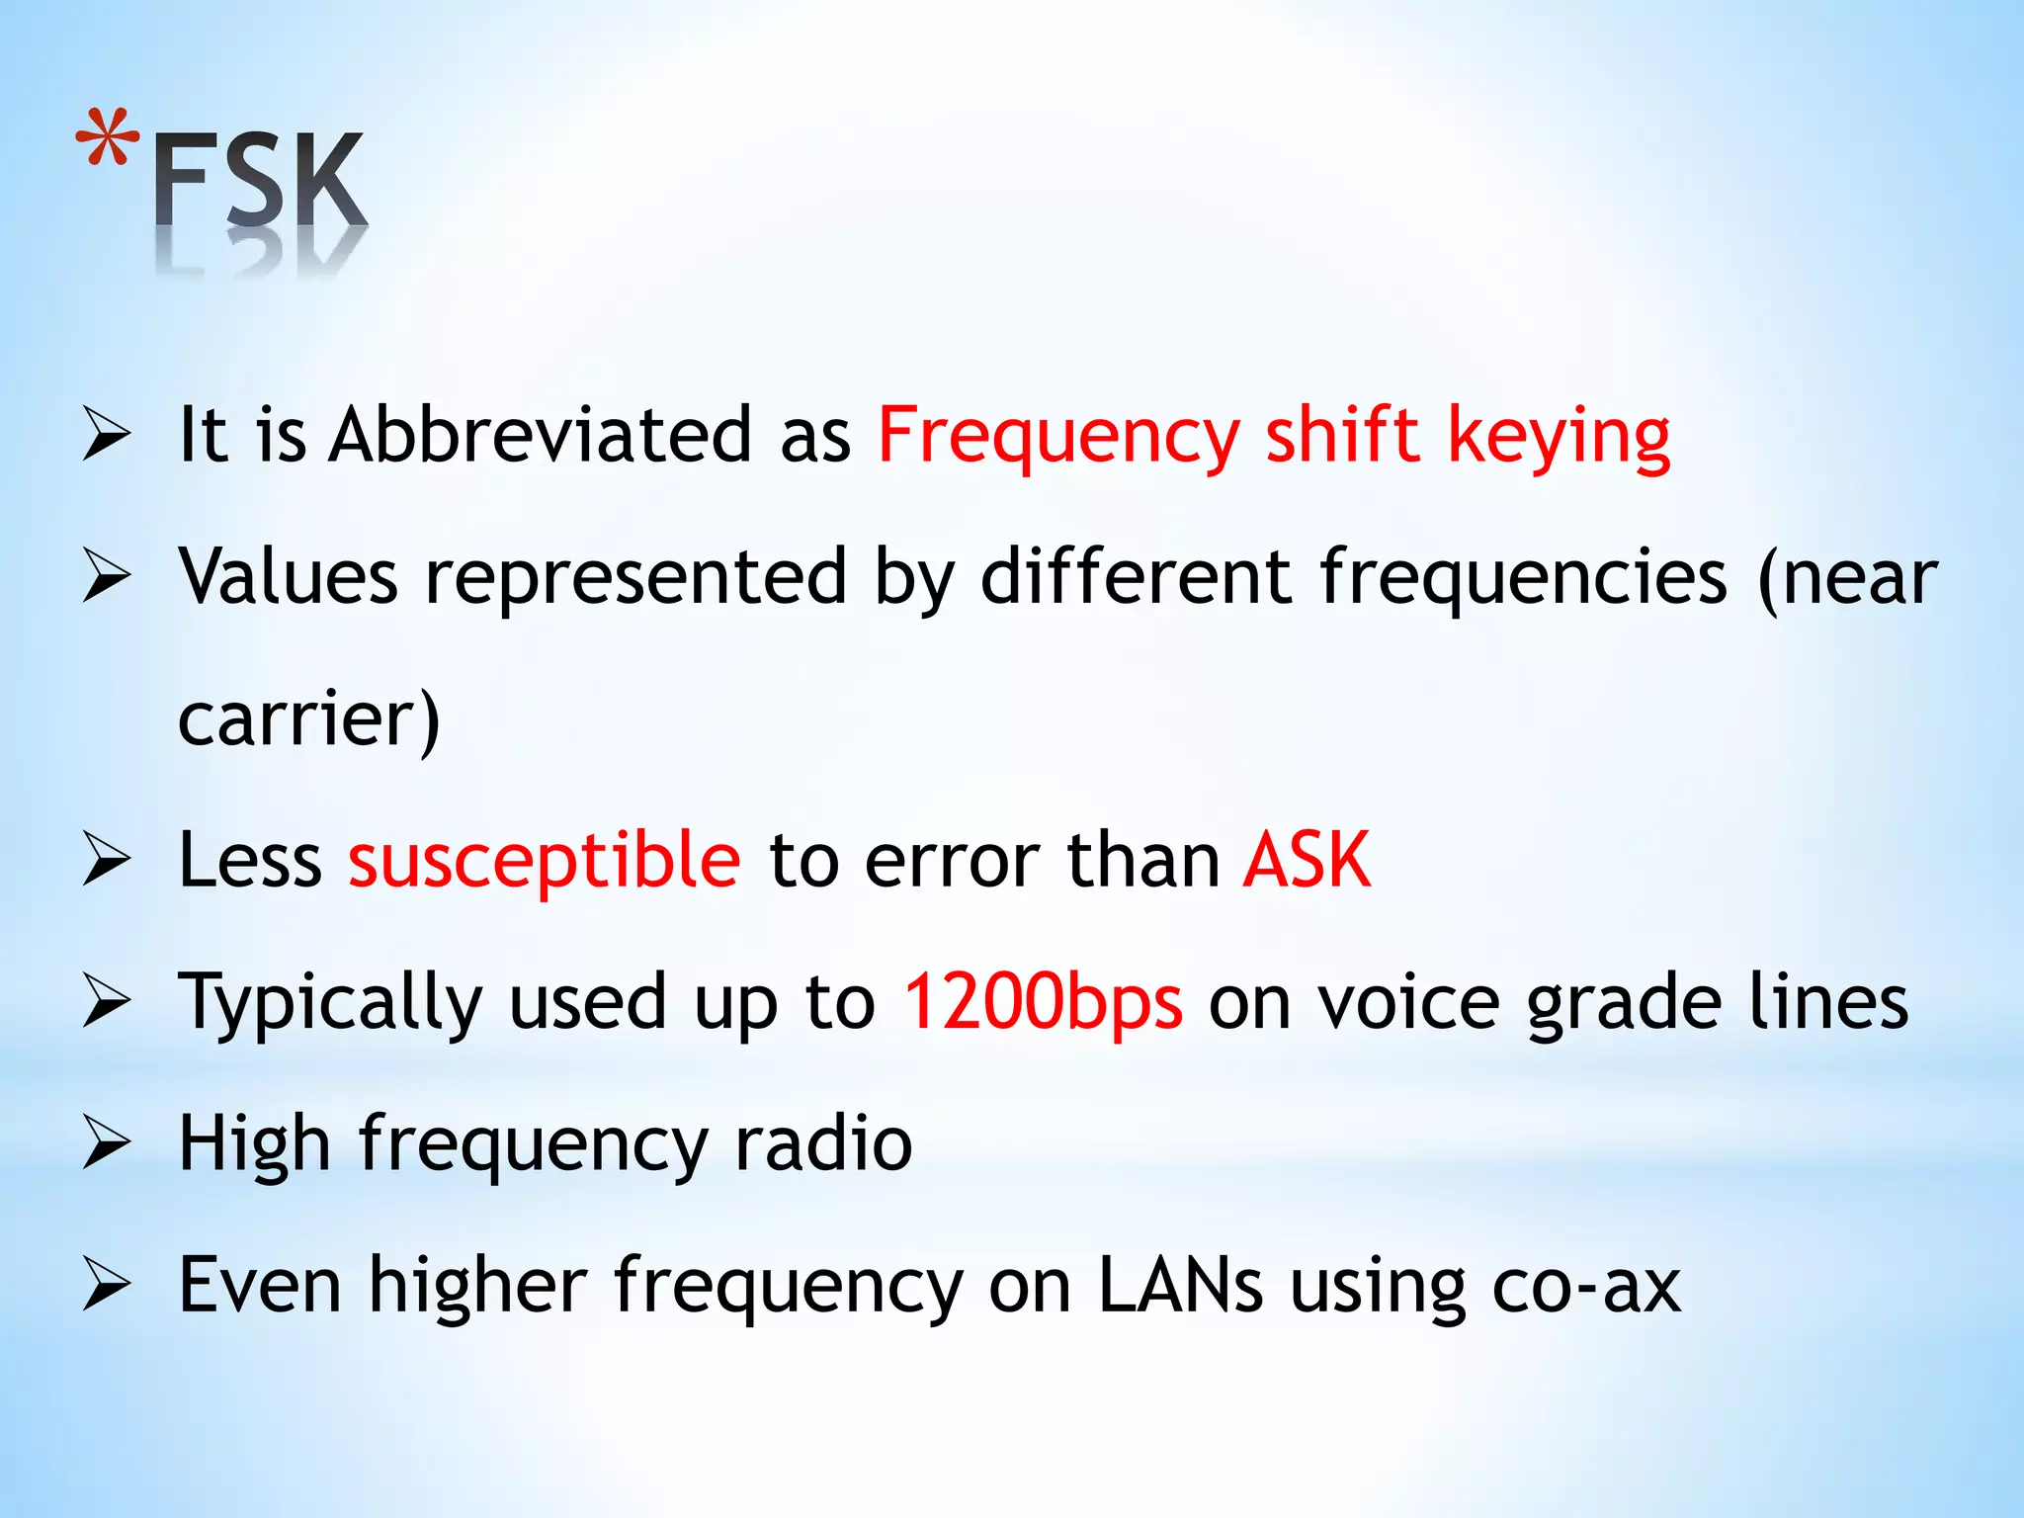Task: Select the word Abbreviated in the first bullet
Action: click(541, 435)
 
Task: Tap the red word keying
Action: click(1559, 437)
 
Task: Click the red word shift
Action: click(1342, 435)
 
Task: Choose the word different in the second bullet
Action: click(1136, 576)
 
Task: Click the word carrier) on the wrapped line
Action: click(308, 718)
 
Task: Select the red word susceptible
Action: click(544, 861)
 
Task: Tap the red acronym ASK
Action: click(1307, 860)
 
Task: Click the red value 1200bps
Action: click(1043, 1002)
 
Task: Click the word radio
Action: click(822, 1143)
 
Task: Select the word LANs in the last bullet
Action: click(1180, 1285)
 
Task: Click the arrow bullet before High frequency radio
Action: click(107, 1143)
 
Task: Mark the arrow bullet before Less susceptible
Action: click(107, 860)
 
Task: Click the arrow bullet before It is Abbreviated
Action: click(107, 435)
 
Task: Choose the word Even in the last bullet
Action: click(260, 1285)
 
